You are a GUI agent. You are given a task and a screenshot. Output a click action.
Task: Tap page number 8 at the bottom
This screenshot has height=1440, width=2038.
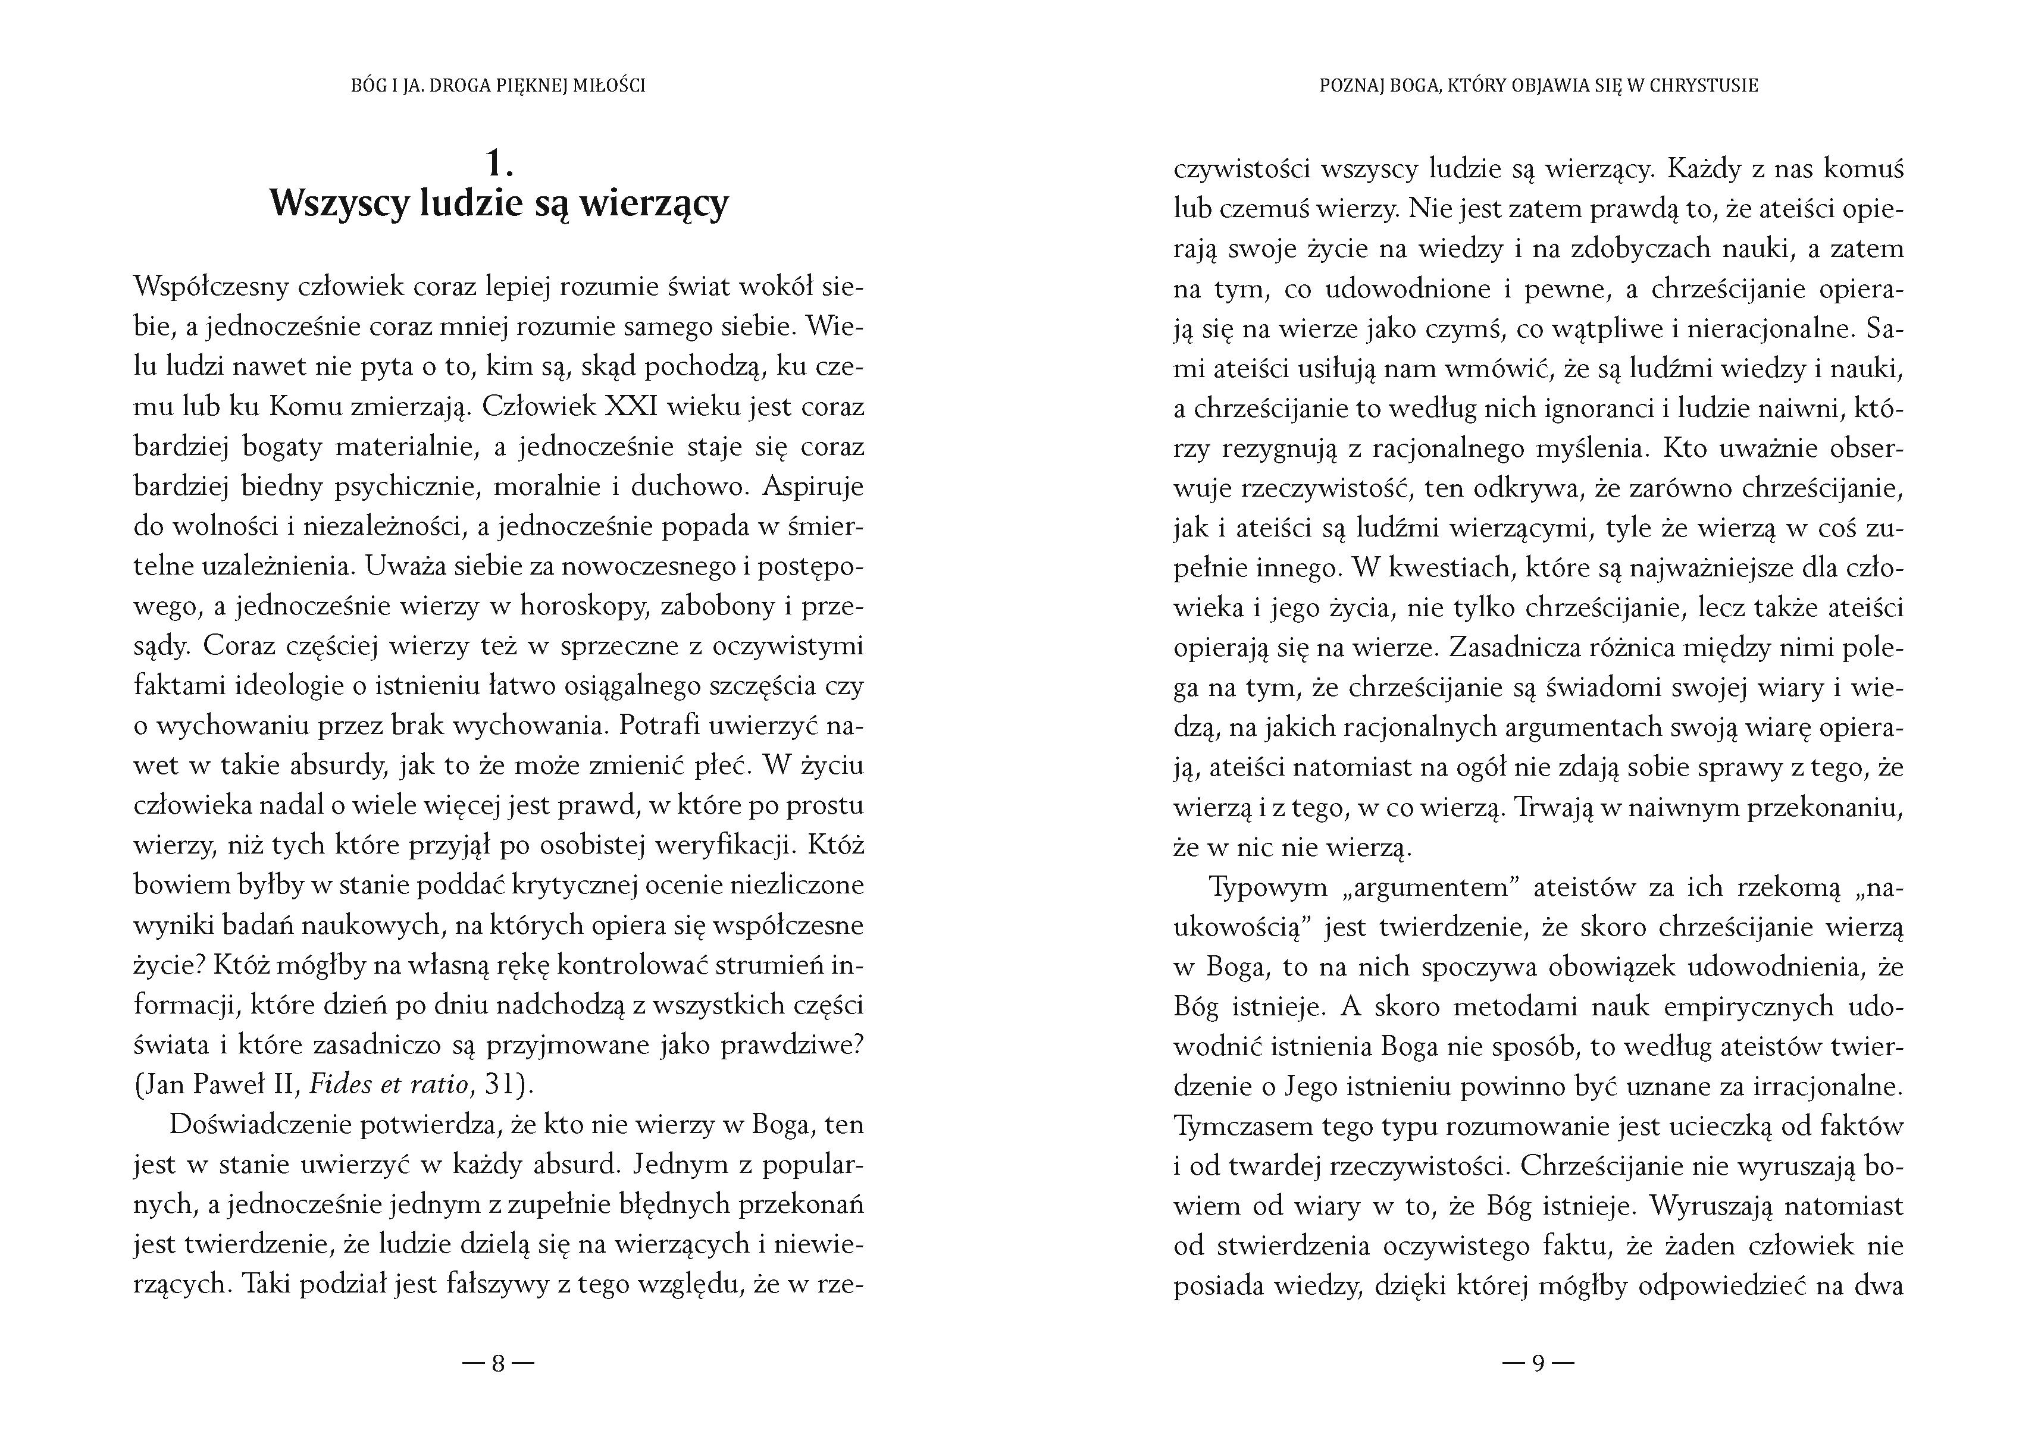tap(498, 1363)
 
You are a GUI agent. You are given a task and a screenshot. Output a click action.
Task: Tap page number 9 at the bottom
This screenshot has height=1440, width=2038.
tap(1538, 1363)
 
